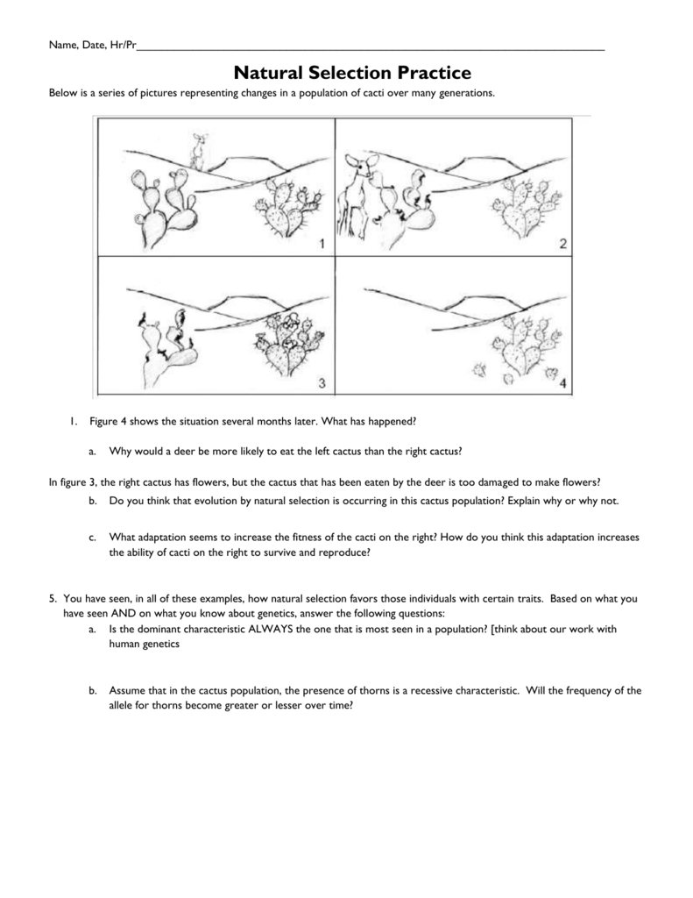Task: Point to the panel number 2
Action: [x=562, y=244]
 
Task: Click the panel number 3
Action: [x=321, y=382]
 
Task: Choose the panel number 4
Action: [x=562, y=382]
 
